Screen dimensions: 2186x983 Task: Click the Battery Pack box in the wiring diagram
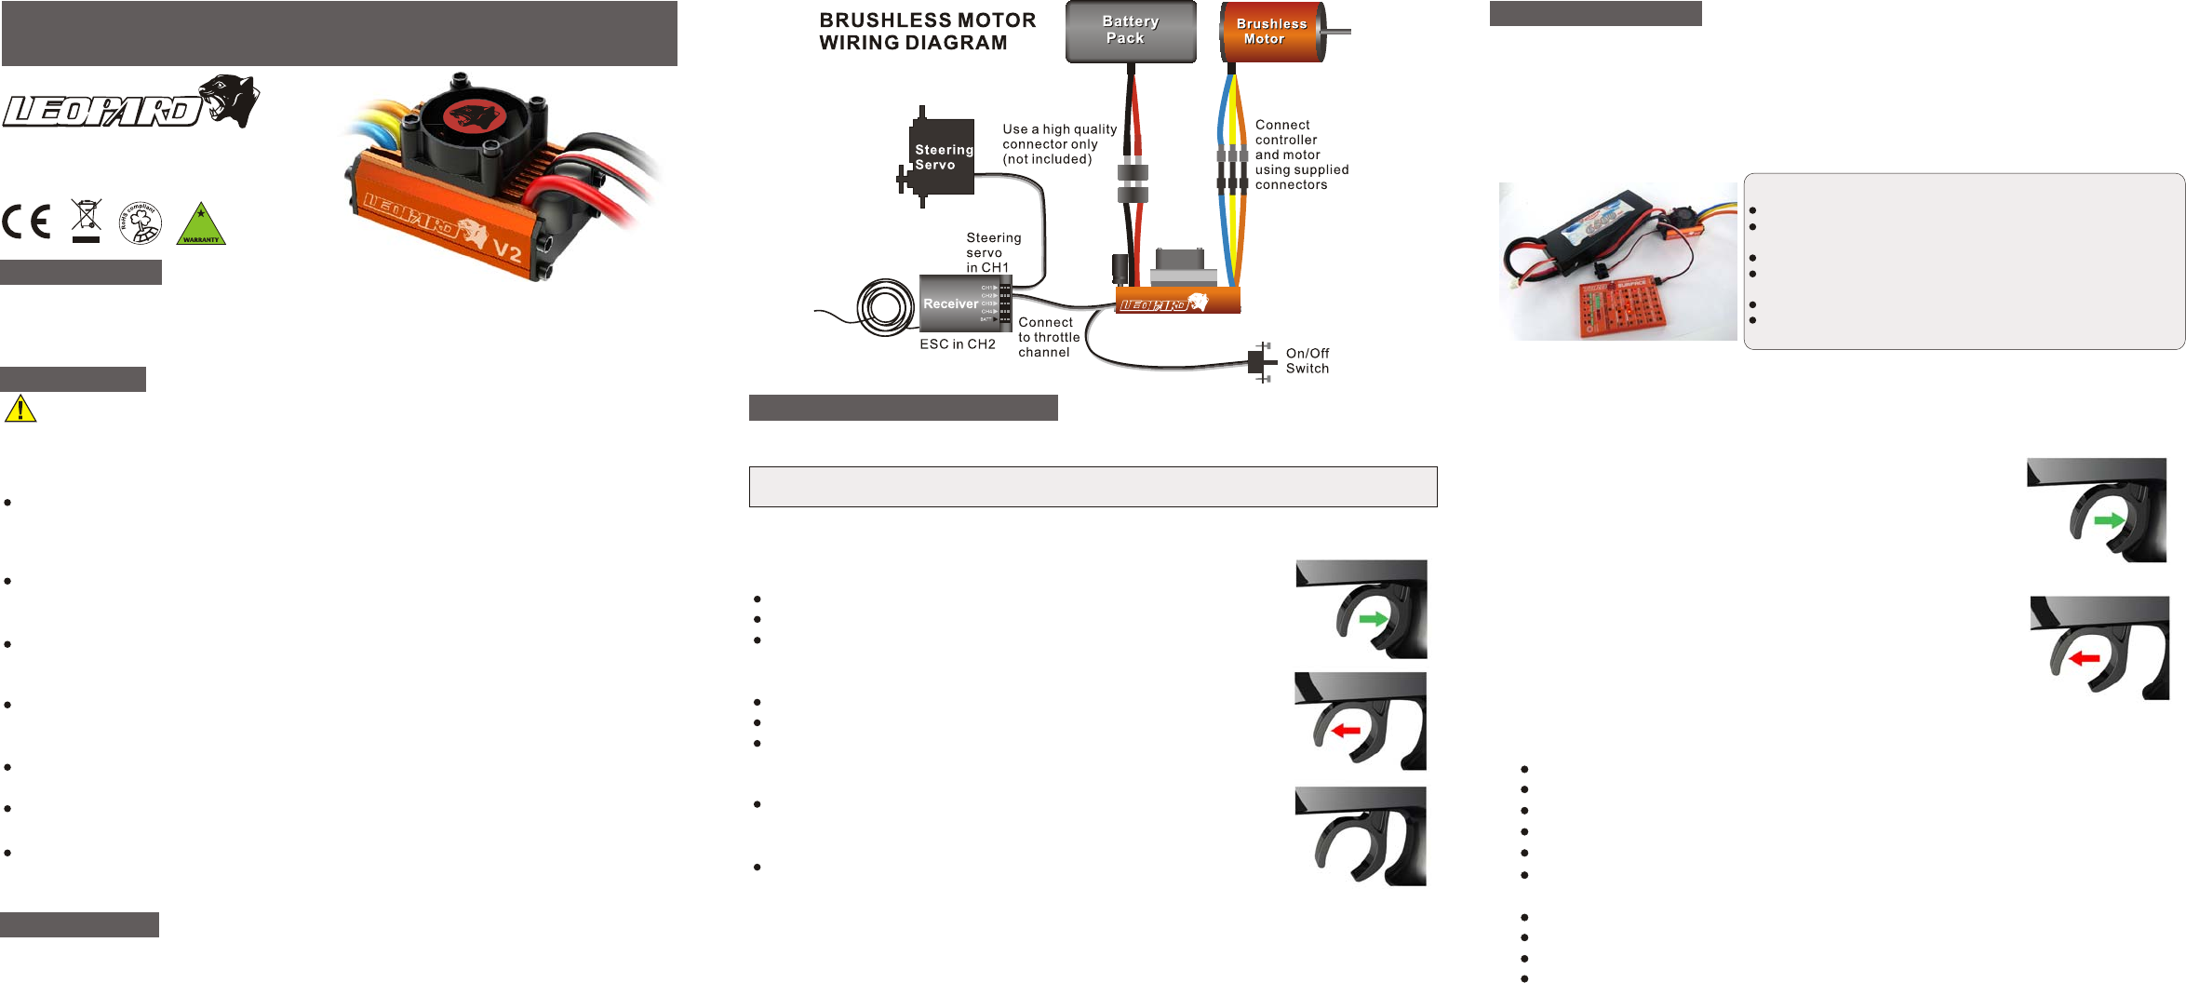click(x=1131, y=31)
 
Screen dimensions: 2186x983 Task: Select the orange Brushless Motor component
click(x=1271, y=32)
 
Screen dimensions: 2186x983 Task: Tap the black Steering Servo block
click(x=942, y=156)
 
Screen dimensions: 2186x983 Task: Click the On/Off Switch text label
click(x=1308, y=361)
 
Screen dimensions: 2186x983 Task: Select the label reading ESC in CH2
click(x=958, y=344)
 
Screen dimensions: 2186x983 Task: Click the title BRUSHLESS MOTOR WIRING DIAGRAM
click(x=927, y=32)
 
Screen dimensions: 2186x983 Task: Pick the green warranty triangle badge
click(x=201, y=224)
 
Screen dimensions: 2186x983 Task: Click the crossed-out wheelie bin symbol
click(x=86, y=221)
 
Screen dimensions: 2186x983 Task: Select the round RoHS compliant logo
click(x=141, y=222)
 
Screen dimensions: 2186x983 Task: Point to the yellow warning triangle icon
click(x=20, y=409)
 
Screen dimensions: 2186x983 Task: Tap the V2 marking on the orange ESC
click(x=506, y=250)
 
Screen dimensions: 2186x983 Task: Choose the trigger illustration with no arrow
click(x=1361, y=836)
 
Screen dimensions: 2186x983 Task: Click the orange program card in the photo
click(x=1624, y=307)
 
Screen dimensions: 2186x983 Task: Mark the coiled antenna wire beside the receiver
click(x=884, y=307)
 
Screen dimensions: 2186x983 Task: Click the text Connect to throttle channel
click(x=1049, y=338)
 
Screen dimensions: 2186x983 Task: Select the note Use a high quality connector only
click(x=1059, y=144)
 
